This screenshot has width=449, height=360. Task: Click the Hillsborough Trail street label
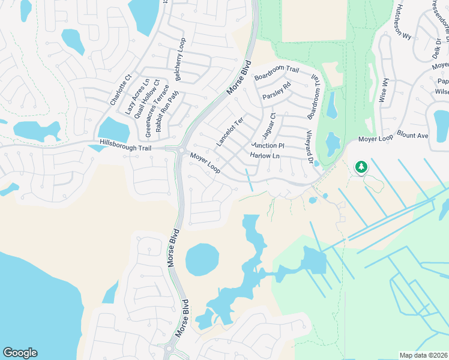[125, 145]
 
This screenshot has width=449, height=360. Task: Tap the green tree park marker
[361, 167]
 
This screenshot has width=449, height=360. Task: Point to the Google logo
[20, 353]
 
